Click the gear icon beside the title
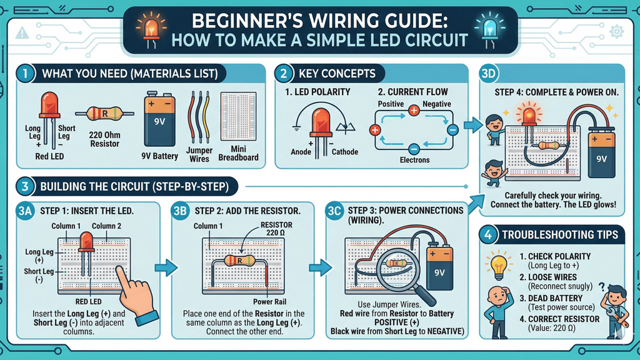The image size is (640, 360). tap(616, 31)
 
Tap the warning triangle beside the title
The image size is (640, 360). tap(23, 32)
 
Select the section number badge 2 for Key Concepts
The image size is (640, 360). tap(284, 74)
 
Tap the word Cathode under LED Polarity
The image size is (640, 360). tap(345, 152)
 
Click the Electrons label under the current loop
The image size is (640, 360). tap(414, 160)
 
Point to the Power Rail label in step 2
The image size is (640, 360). tap(268, 301)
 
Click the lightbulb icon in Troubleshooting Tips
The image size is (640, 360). tap(498, 264)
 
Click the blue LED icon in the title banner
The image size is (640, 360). tap(486, 29)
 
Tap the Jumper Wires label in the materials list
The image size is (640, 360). tap(199, 154)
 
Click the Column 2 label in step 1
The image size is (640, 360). tap(107, 226)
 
